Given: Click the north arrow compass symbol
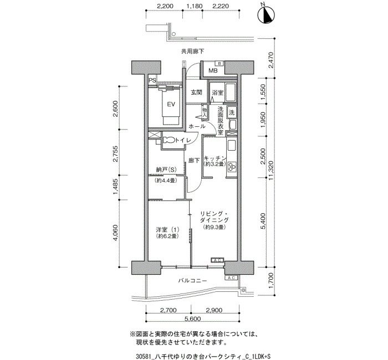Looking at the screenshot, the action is [x=266, y=15].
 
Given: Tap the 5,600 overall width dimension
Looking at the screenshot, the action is [x=192, y=318].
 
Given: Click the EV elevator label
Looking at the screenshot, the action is [x=171, y=104].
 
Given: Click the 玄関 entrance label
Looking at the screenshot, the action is [x=196, y=92].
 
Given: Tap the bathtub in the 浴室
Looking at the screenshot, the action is [x=230, y=92].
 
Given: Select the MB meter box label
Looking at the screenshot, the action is [x=213, y=71].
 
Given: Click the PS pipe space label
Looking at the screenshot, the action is [x=152, y=80].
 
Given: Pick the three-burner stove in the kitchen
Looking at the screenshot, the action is [x=232, y=166].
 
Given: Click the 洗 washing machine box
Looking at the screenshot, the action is [x=232, y=112].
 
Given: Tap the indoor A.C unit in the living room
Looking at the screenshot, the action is [x=217, y=260].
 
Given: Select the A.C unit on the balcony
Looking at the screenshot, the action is [x=231, y=277].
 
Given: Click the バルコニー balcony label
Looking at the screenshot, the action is [x=192, y=281].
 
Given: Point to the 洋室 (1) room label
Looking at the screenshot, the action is [x=167, y=229].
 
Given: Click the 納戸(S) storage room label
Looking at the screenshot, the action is [x=166, y=169].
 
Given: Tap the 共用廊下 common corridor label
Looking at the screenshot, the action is [x=192, y=51].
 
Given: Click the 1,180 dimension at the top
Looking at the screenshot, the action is [x=194, y=6].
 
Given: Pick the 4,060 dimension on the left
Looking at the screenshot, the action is [x=116, y=233].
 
